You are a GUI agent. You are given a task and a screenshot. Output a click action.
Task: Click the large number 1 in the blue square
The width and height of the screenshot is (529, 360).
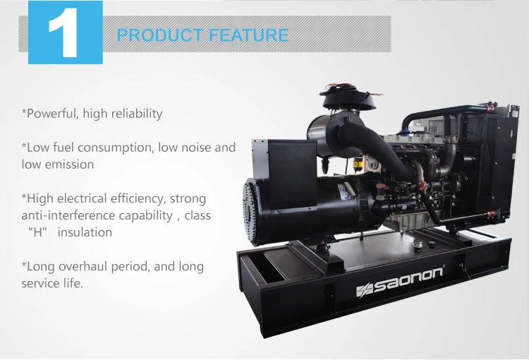pyautogui.click(x=65, y=33)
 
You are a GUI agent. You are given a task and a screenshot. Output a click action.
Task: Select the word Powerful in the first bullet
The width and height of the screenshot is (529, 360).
pyautogui.click(x=50, y=113)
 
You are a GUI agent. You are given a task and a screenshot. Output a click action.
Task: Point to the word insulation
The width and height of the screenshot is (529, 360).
pyautogui.click(x=85, y=232)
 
